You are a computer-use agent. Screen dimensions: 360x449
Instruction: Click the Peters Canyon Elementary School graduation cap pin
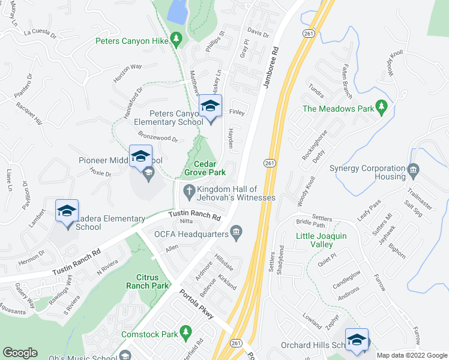pos(210,107)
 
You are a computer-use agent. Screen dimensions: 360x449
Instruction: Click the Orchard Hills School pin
pos(357,340)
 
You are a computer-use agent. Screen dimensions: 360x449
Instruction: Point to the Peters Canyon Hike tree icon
pos(176,40)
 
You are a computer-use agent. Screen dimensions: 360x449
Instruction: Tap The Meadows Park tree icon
pos(381,107)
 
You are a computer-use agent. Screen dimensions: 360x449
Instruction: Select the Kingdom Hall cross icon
pos(188,191)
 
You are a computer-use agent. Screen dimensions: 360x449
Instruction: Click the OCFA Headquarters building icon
pos(237,232)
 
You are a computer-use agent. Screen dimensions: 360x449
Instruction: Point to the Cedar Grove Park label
pos(209,168)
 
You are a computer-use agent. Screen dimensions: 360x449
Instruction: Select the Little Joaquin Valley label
pos(321,240)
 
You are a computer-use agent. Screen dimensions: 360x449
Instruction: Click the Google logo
pos(20,353)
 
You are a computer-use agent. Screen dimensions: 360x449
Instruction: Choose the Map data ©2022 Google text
pos(411,355)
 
